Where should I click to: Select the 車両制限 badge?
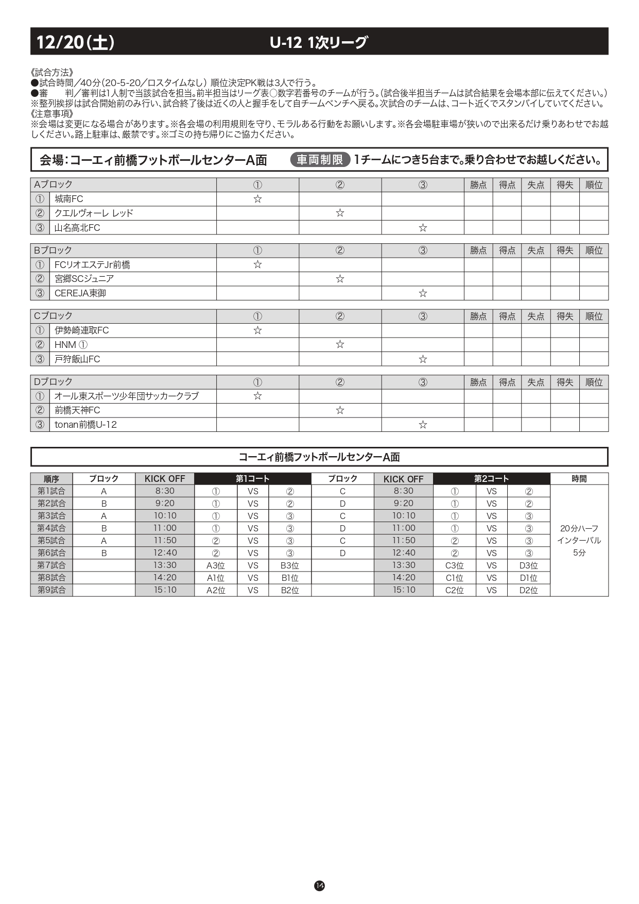[x=320, y=160]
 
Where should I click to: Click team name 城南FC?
[x=69, y=199]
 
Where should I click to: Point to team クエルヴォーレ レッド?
[x=94, y=213]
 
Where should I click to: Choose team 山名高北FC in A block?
[x=77, y=228]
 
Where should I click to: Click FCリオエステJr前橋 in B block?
[x=92, y=265]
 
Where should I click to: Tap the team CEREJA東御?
[x=80, y=293]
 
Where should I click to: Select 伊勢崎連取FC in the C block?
[x=81, y=330]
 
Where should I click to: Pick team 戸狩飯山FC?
[x=77, y=359]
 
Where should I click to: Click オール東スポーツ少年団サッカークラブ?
[x=127, y=396]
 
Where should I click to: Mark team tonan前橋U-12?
[x=85, y=425]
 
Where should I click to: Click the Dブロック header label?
[x=53, y=382]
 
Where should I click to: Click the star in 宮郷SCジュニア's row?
[x=340, y=279]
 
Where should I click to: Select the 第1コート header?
[x=252, y=479]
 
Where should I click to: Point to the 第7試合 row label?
[x=51, y=565]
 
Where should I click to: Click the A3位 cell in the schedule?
[x=216, y=565]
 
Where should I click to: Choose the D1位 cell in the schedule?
[x=528, y=578]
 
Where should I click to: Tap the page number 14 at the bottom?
[x=319, y=885]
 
